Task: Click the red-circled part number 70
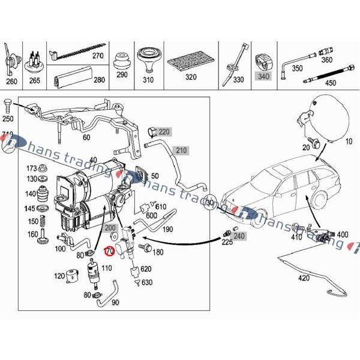coord(109,252)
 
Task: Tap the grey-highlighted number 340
coord(263,76)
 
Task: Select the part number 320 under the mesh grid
coord(191,77)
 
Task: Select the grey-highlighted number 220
coord(164,131)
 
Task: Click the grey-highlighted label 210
coord(182,149)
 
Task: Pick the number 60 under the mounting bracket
coord(86,137)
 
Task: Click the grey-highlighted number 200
coord(110,229)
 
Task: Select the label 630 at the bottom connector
coord(147,282)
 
